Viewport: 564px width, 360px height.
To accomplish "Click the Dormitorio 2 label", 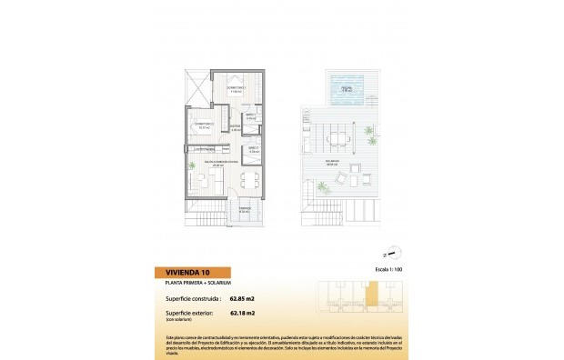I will (x=204, y=125).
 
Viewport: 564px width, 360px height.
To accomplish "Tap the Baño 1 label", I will (x=251, y=116).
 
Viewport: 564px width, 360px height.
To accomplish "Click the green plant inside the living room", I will (x=193, y=167).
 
